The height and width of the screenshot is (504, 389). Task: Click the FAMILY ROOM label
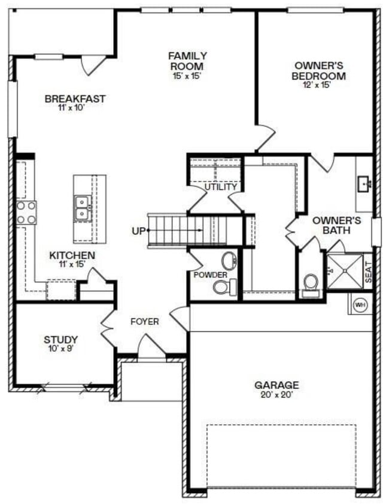tap(187, 61)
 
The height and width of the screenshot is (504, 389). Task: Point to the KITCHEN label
tap(72, 255)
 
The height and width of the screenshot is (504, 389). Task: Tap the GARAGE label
tap(276, 385)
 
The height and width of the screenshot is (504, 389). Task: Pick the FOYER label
tap(145, 322)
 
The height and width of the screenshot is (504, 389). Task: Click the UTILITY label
tap(221, 187)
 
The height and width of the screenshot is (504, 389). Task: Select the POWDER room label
tap(210, 274)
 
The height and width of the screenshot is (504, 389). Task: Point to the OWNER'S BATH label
tap(337, 225)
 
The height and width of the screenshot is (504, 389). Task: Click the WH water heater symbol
tap(360, 305)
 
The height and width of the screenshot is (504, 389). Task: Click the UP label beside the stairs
tap(138, 230)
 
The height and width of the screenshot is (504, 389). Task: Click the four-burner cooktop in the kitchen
tap(26, 213)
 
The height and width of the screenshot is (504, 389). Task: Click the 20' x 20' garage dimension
tap(276, 396)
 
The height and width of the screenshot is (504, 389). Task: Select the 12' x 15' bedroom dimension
tap(317, 85)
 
